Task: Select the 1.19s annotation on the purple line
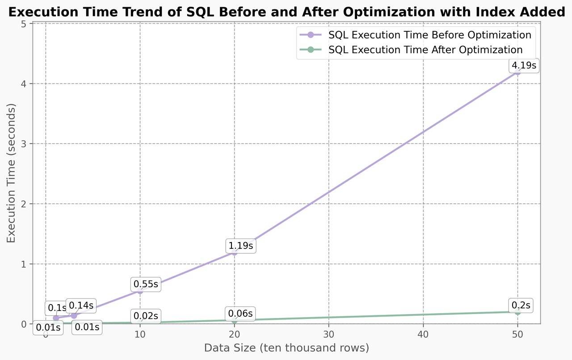click(x=241, y=246)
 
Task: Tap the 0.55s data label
click(x=146, y=284)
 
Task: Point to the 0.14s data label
click(x=81, y=306)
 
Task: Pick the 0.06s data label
click(x=240, y=314)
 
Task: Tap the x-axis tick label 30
click(x=328, y=335)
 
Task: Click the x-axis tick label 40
click(x=423, y=335)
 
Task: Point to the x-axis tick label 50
click(x=517, y=335)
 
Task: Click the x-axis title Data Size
click(x=286, y=348)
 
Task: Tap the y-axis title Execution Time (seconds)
click(x=12, y=173)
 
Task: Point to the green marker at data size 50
click(x=517, y=312)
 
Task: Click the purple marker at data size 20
click(x=234, y=252)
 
